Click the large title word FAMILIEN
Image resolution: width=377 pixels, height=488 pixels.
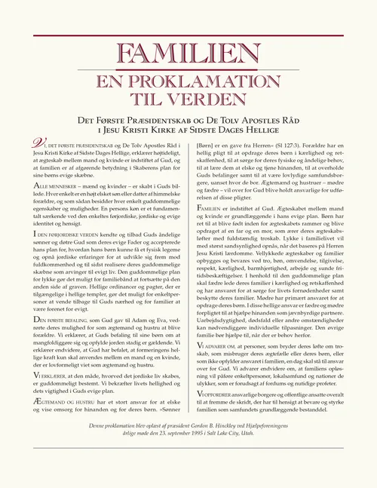click(x=188, y=54)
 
